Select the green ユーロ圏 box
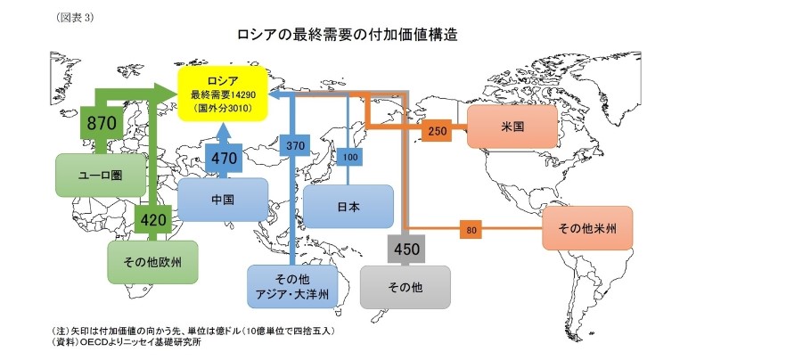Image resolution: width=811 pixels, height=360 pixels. (x=100, y=175)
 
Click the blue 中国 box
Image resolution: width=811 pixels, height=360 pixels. (x=223, y=200)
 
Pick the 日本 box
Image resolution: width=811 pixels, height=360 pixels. (x=348, y=207)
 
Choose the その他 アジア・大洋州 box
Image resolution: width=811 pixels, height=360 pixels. (x=293, y=285)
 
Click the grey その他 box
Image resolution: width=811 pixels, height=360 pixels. (x=405, y=287)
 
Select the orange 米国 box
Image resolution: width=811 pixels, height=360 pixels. (x=512, y=127)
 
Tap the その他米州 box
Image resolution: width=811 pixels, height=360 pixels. (x=587, y=228)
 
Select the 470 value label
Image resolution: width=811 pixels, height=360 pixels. (x=224, y=158)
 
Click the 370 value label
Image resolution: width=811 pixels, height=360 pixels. (x=295, y=143)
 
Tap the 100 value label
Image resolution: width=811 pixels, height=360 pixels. (x=349, y=158)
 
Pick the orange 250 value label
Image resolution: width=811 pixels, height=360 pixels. (x=438, y=131)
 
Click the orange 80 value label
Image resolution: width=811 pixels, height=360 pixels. (x=471, y=230)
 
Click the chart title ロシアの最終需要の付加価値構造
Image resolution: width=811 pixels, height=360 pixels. (x=348, y=35)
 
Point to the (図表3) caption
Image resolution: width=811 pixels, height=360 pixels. (x=75, y=17)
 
